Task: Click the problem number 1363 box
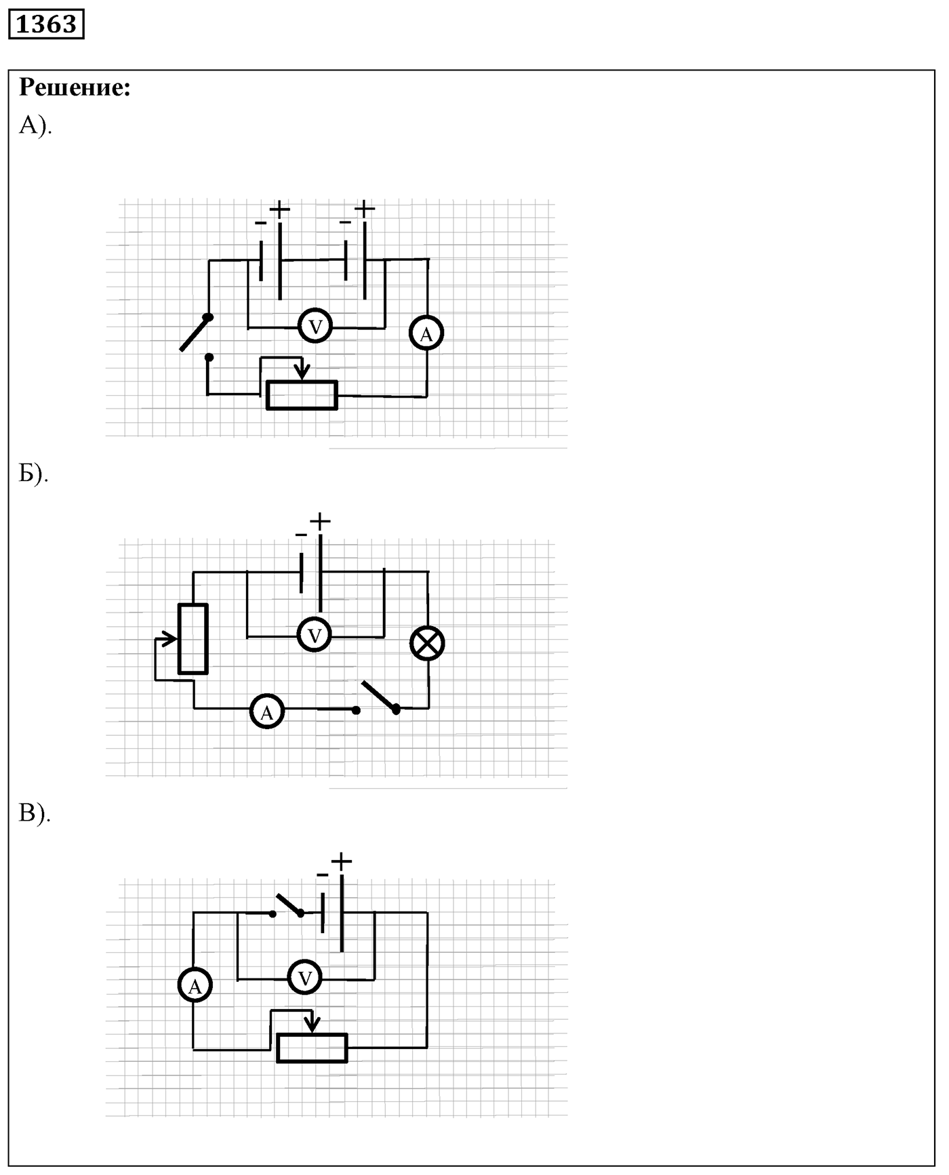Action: coord(46,24)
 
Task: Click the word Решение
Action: coord(75,87)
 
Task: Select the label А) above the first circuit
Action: coord(35,125)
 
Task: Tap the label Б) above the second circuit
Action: coord(34,474)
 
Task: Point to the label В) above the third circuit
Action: coord(35,813)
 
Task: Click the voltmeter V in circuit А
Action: coord(315,327)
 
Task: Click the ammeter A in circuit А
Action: coord(426,333)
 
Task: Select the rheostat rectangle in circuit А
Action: coord(302,395)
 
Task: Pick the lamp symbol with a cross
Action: coord(428,642)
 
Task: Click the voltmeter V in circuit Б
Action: coord(315,636)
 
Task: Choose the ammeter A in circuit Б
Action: coord(267,712)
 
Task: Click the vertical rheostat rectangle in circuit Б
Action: coord(193,639)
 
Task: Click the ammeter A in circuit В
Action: coord(195,987)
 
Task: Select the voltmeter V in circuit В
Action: coord(305,978)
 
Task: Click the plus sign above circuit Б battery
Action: coord(320,521)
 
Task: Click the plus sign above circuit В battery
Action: coord(342,861)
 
